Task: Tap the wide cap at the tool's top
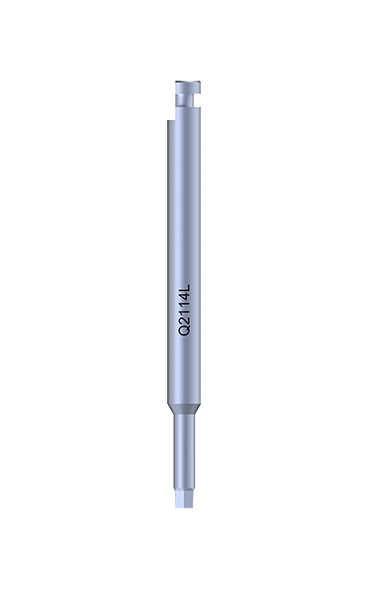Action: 188,88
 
